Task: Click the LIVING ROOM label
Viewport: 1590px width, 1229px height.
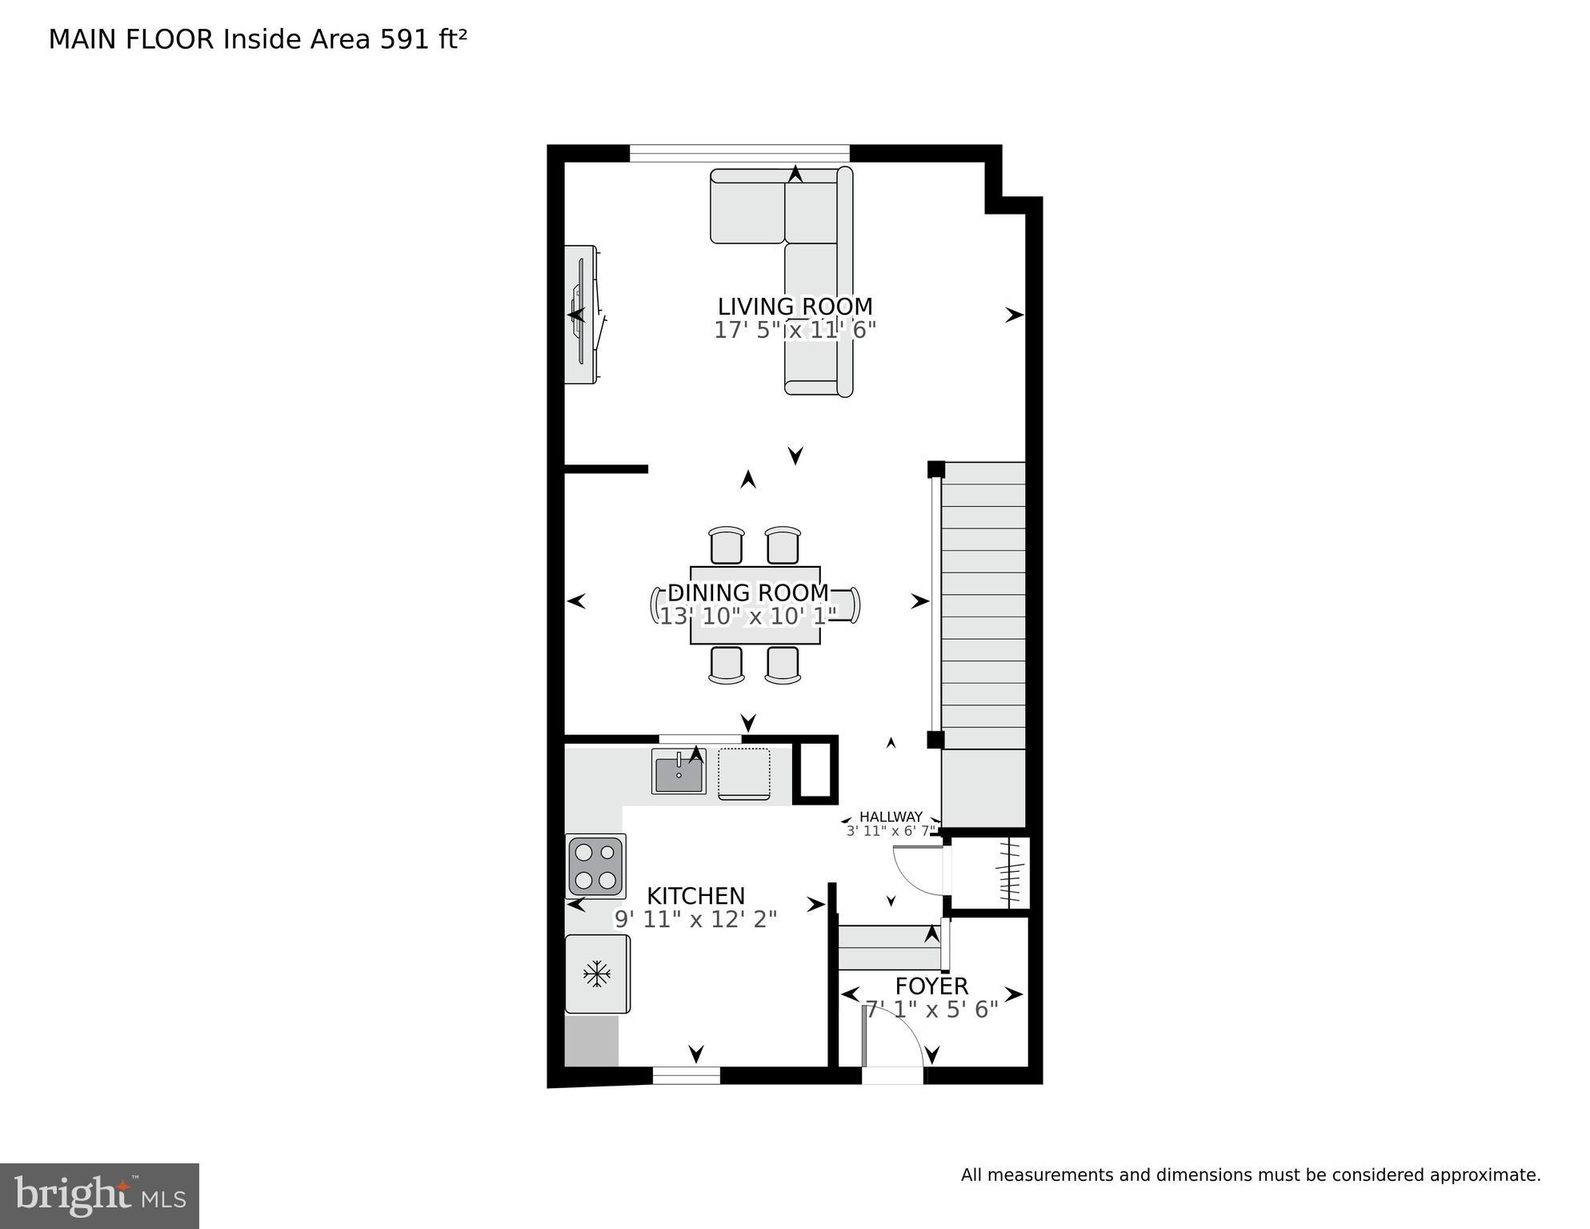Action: [795, 307]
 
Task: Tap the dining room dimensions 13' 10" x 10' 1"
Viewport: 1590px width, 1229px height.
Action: [747, 616]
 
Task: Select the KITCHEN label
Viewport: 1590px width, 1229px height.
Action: [695, 896]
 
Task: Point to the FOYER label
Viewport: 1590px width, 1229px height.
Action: [931, 986]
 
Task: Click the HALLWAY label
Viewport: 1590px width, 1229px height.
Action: [891, 817]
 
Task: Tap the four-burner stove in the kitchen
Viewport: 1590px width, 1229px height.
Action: [595, 866]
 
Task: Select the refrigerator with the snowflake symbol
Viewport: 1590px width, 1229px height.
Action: [597, 974]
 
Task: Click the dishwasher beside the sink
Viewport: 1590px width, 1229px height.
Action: [744, 773]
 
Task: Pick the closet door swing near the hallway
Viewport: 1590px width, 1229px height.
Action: [919, 871]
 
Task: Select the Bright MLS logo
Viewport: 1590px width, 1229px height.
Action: [99, 1196]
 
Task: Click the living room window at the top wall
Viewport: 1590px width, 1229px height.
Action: [739, 152]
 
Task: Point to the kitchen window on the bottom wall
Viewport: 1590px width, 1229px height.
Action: [686, 1075]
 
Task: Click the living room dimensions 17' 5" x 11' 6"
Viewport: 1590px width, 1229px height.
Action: [795, 330]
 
